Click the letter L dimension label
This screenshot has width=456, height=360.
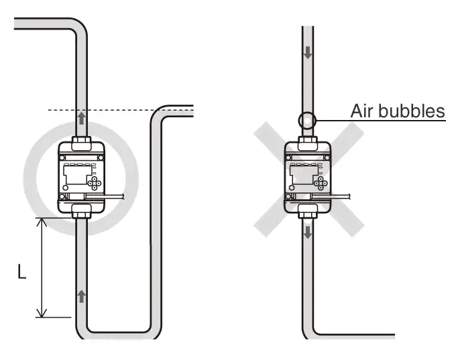[22, 272]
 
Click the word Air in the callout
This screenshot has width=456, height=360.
[361, 111]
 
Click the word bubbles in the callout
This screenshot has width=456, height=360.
[410, 111]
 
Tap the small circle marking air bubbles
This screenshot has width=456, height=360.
[307, 121]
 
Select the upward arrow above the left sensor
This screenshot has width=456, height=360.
[81, 118]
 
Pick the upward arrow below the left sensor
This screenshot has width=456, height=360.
[82, 296]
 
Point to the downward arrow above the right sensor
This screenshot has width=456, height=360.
[308, 52]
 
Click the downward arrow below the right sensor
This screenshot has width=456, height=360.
[308, 233]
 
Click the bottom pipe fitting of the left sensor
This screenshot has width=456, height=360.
[81, 211]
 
